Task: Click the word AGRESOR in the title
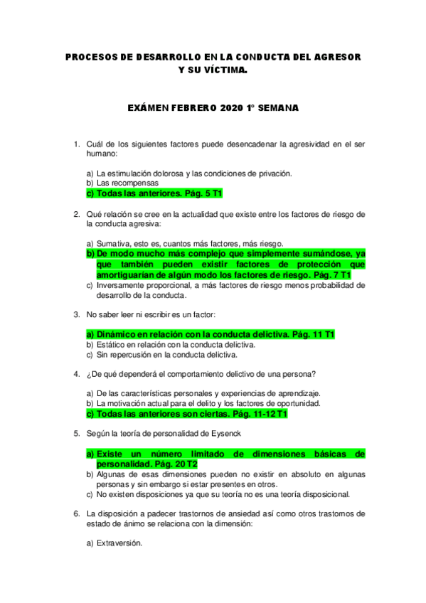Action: [x=338, y=56]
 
